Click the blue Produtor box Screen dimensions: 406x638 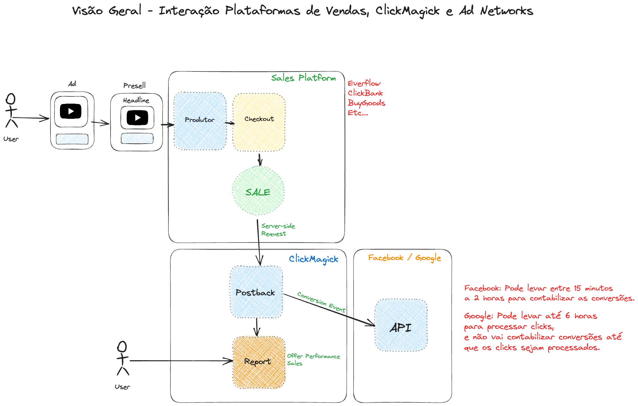pos(200,121)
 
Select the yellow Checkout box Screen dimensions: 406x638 pos(259,122)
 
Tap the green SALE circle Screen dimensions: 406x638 pos(258,191)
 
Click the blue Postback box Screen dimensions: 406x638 pos(256,292)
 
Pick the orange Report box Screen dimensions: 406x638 pos(259,362)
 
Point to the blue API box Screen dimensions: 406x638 pos(401,325)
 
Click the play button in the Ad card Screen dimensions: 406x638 pos(71,111)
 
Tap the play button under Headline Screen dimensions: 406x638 pos(137,117)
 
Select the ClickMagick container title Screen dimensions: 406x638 pos(314,259)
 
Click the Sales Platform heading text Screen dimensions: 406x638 pos(303,78)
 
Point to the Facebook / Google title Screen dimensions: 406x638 pos(404,258)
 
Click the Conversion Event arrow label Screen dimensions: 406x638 pos(321,302)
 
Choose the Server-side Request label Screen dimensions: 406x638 pos(278,230)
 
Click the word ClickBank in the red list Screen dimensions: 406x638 pos(365,93)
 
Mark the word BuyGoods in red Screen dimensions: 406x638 pos(366,103)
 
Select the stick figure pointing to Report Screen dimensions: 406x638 pos(122,358)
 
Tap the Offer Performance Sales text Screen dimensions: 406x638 pos(313,359)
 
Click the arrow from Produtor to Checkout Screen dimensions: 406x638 pos(230,123)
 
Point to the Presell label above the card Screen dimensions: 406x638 pos(135,85)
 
